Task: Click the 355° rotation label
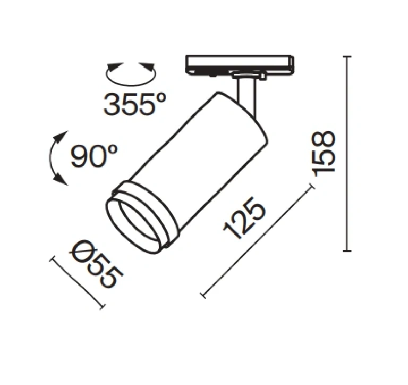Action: point(134,104)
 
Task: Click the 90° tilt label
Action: point(94,156)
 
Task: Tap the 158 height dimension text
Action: point(324,154)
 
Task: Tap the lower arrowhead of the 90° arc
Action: point(61,180)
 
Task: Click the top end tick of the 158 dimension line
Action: point(347,56)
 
